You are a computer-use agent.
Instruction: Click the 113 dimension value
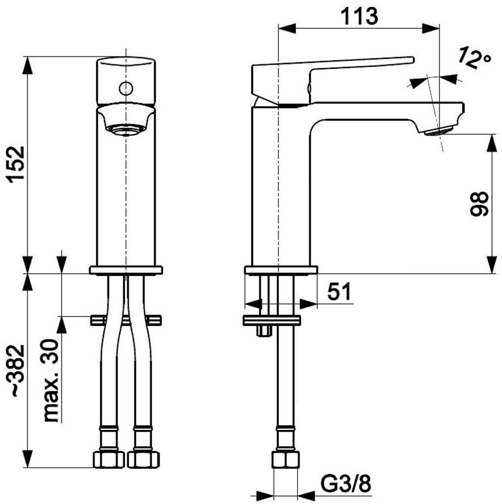coord(359,16)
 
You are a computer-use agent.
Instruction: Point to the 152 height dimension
coord(16,164)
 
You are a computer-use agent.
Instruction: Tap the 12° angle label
coord(474,58)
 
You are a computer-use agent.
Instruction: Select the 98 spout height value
coord(479,204)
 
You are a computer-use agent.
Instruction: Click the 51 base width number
coord(339,292)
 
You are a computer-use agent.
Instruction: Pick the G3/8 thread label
coord(346,485)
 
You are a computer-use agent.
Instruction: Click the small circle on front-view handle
coord(126,88)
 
